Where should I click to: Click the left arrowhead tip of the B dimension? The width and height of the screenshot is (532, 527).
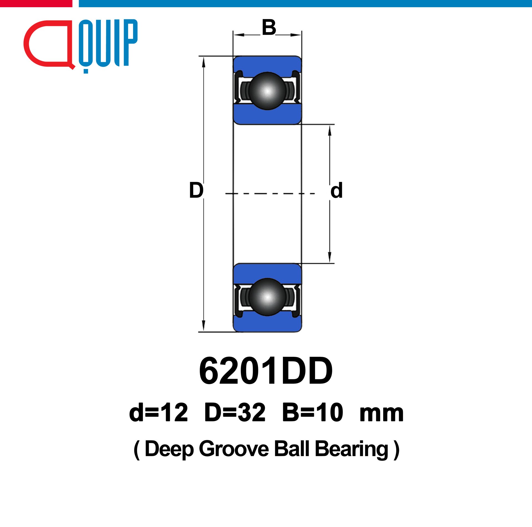pos(233,35)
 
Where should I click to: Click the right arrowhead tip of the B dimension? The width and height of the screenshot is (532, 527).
pos(301,35)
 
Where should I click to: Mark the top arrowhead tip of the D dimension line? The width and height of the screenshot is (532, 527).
pos(203,57)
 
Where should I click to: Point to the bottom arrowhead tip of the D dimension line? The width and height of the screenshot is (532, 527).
pos(203,332)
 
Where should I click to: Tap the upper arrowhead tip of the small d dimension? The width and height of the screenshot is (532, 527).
pos(330,125)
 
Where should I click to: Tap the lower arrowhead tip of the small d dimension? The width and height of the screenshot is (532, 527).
pos(330,263)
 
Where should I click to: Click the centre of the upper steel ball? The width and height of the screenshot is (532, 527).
pos(267,91)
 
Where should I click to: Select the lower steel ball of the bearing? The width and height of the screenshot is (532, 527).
pos(267,297)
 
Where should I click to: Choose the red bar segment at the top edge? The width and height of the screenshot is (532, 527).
pos(36,3)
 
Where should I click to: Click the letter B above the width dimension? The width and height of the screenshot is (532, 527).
pos(269,27)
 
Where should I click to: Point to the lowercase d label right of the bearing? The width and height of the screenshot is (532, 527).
pos(336,190)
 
